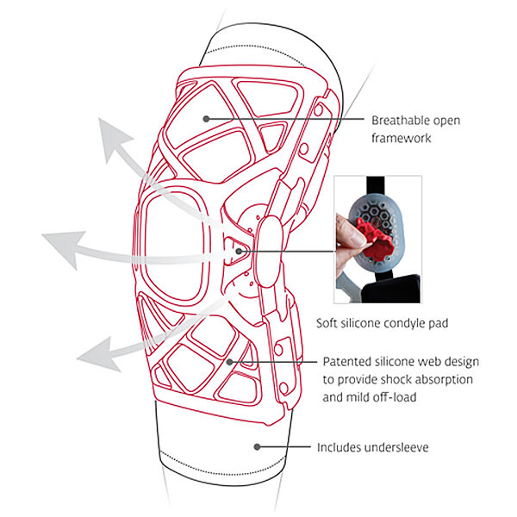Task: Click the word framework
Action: point(402,138)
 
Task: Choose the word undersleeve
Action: point(396,447)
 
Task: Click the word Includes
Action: point(339,447)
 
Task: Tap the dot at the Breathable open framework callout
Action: point(207,119)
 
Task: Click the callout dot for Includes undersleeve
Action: point(257,446)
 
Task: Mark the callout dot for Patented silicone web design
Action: point(230,362)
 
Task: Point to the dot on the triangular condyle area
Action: point(239,252)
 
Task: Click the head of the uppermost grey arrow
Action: point(114,139)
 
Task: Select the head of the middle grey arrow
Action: point(63,247)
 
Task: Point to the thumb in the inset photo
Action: point(349,231)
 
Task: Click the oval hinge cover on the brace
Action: point(270,252)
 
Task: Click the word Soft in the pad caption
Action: point(327,323)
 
